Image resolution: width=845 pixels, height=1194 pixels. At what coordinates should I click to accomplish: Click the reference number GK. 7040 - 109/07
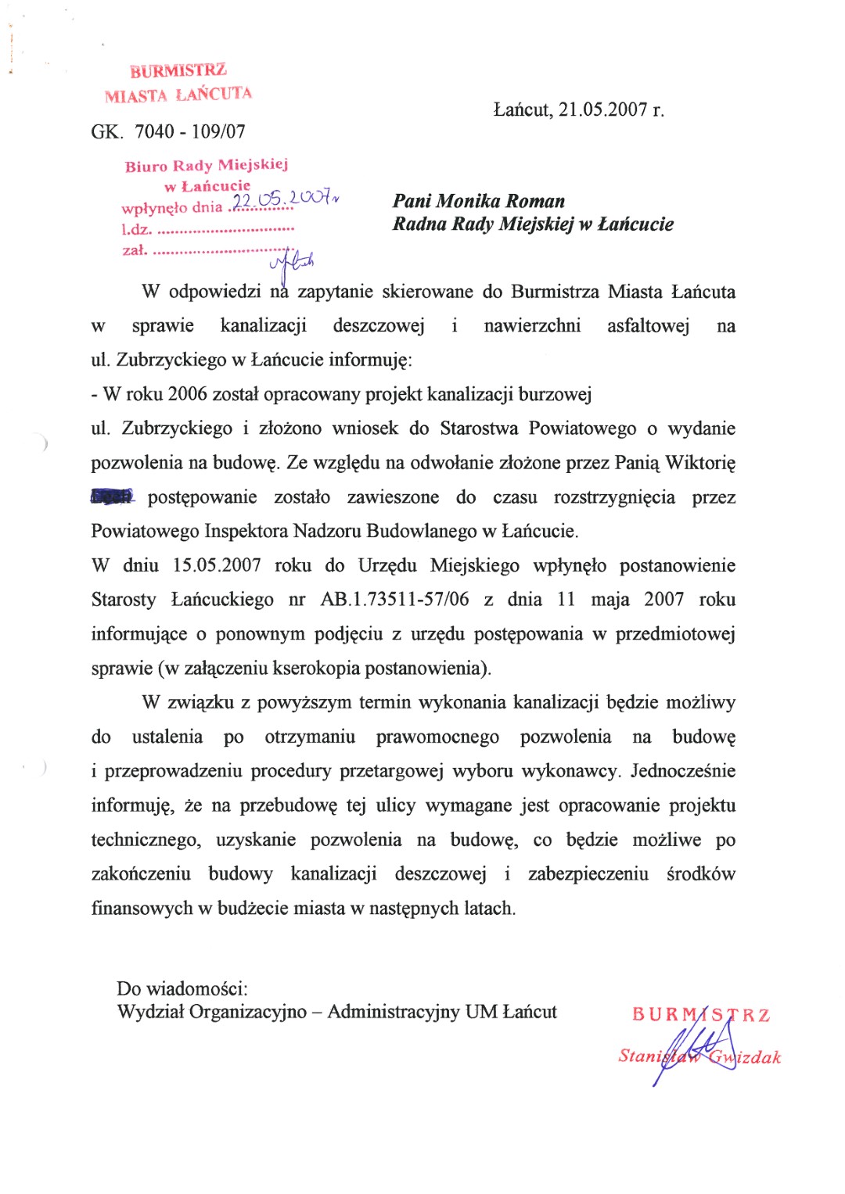(x=168, y=131)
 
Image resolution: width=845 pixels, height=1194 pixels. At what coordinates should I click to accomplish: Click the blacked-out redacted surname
(x=113, y=496)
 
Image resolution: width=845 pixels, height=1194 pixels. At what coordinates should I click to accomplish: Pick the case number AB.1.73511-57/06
(x=394, y=600)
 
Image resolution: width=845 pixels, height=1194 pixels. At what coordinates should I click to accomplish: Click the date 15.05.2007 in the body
(x=217, y=565)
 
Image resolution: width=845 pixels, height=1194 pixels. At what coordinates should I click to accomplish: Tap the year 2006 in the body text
(x=187, y=394)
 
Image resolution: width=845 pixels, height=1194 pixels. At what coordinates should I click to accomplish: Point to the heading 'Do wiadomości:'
(x=182, y=989)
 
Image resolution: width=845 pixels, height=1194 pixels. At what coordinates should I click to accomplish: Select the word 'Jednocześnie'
(x=683, y=771)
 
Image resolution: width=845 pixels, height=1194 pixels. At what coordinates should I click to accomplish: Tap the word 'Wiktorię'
(x=700, y=463)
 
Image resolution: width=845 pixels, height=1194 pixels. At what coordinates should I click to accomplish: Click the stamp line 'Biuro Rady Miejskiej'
(x=207, y=165)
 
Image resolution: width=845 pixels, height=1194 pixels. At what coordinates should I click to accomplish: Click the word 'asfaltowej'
(x=648, y=326)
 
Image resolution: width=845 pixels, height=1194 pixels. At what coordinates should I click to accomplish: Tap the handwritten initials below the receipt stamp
(x=293, y=263)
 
